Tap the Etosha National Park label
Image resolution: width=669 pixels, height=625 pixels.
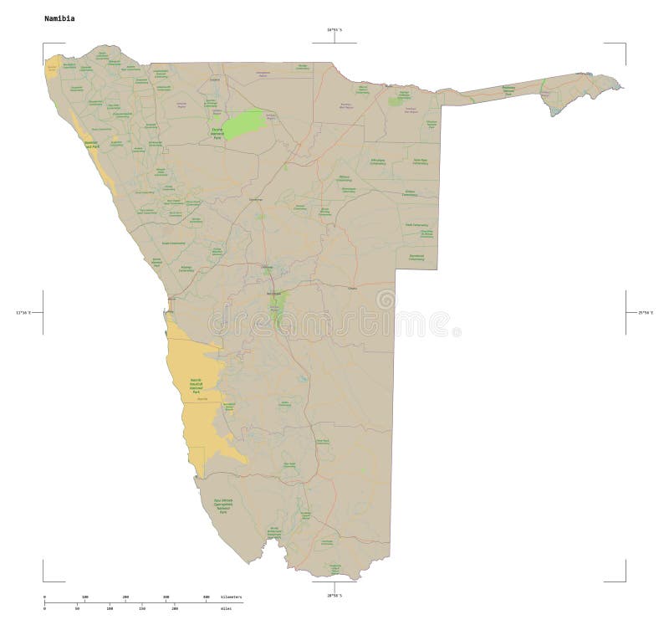tap(217, 131)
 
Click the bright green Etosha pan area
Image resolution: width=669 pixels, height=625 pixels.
tap(248, 122)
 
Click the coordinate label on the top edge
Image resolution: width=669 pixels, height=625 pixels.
tap(334, 29)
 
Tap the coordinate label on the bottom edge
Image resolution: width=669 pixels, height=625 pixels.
tap(334, 595)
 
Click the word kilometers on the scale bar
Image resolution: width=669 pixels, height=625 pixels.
tap(232, 596)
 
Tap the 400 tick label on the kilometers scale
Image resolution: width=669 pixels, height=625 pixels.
tap(207, 596)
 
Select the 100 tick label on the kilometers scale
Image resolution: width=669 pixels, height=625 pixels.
tap(84, 596)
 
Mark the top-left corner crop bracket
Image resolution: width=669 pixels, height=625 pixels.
tap(44, 44)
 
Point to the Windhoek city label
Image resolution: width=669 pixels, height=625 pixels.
tap(273, 295)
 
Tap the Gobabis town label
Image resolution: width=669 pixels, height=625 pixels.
tap(351, 289)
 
